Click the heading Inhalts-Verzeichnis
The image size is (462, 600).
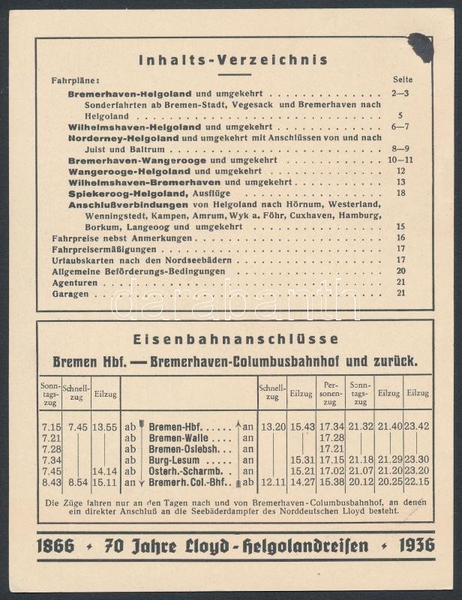232,60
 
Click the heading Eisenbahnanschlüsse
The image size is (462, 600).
235,339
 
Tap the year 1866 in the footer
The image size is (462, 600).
55,546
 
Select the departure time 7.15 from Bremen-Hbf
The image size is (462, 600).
52,427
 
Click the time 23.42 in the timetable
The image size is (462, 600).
417,427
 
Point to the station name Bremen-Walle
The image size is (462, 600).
181,438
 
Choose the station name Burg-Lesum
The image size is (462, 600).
178,460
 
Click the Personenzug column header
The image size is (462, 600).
330,392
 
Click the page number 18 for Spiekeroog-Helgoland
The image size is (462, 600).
400,193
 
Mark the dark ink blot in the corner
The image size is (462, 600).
420,47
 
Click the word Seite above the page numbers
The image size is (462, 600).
403,79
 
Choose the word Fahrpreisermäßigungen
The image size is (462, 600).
104,249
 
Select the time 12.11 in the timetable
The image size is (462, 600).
271,482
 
